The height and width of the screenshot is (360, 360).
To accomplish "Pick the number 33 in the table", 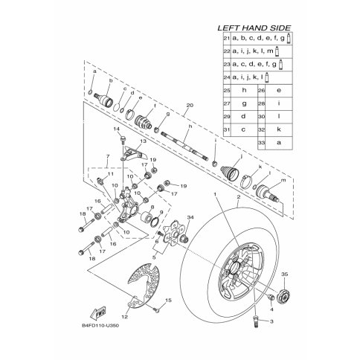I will click(262, 142).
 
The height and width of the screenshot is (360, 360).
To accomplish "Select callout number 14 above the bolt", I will click(117, 129).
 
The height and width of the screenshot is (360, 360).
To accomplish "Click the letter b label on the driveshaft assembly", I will click(111, 80).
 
